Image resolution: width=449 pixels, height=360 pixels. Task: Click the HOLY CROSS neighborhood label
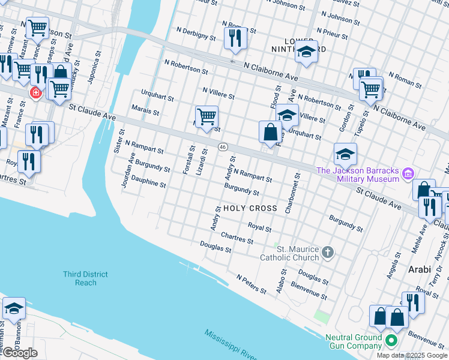tap(250, 208)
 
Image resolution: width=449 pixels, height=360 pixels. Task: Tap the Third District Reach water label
tap(86, 278)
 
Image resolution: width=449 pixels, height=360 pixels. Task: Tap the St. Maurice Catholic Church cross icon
tap(327, 252)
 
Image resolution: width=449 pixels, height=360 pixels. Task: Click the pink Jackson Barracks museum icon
tap(409, 174)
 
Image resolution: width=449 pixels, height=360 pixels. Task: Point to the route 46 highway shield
tap(222, 147)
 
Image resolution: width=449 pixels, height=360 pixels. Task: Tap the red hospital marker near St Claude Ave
tap(35, 93)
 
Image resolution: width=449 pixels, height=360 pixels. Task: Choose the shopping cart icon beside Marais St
tap(206, 116)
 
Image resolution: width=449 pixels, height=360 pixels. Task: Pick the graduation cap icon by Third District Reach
tap(13, 309)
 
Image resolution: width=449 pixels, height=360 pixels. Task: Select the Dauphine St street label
tap(148, 182)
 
